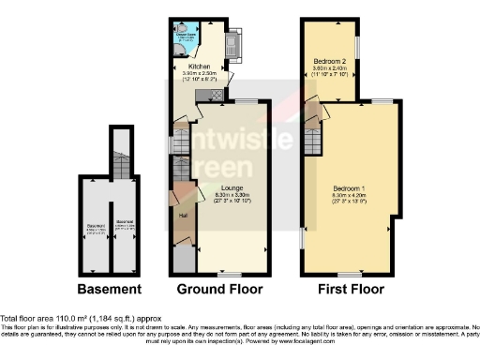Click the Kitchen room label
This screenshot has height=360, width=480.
pos(200,67)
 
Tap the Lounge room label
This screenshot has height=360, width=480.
pos(232,188)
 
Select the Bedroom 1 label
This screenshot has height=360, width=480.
pos(350,187)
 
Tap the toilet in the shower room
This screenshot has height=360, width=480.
pos(181,29)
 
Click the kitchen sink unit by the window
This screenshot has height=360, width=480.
pos(234,42)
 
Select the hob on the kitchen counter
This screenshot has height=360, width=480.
pos(216,95)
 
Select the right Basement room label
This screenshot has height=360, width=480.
pos(123,223)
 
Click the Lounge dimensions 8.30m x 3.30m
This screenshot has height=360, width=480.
pos(232,195)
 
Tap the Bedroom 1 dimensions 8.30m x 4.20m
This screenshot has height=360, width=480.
pos(350,193)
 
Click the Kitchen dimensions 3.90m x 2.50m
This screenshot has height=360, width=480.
pos(200,73)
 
